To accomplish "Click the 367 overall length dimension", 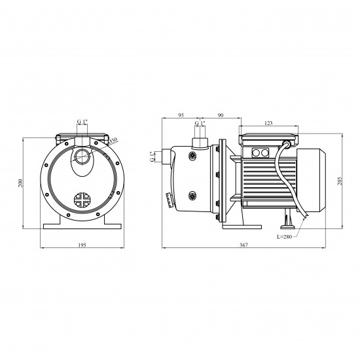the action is (x=243, y=245).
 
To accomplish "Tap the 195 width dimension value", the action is (x=82, y=245).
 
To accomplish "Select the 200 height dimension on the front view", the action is (x=21, y=183).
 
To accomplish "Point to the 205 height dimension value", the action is (x=340, y=181).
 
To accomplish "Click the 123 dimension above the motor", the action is (x=268, y=123).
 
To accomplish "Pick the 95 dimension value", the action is (x=181, y=115).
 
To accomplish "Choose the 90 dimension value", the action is (x=220, y=115).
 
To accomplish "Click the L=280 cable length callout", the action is (x=284, y=237).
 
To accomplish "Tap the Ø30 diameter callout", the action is (x=113, y=141).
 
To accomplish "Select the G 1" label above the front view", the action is (x=82, y=122).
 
